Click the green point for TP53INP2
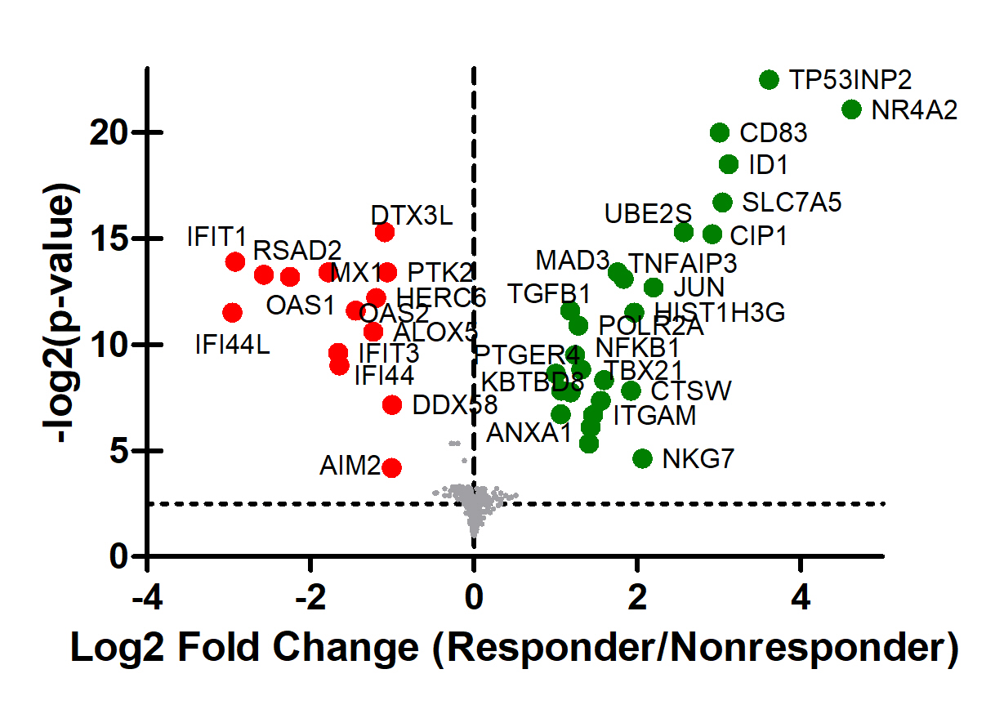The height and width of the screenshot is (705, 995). (x=769, y=79)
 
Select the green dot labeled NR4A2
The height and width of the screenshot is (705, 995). (x=851, y=109)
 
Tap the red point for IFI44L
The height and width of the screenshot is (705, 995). (x=232, y=312)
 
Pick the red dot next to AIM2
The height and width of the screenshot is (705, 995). (x=391, y=467)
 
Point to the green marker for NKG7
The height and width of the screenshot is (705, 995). (x=642, y=458)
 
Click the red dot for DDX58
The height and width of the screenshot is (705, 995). (x=392, y=404)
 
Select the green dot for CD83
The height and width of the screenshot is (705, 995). (x=720, y=132)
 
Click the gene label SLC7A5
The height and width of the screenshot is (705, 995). (x=792, y=202)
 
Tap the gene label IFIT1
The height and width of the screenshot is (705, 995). (x=216, y=237)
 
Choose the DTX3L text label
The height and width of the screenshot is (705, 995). (x=411, y=215)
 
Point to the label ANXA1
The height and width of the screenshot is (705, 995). (x=529, y=433)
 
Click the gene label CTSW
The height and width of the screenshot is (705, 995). (x=691, y=390)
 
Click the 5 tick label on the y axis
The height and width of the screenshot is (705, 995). (x=119, y=451)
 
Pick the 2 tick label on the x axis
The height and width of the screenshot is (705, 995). (x=637, y=599)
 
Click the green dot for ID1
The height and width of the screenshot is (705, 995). (x=729, y=164)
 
